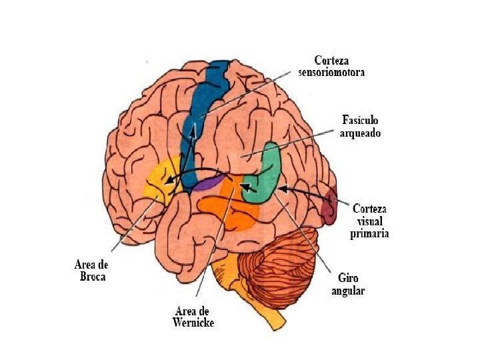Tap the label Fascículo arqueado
point(360,126)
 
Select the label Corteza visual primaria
point(370,220)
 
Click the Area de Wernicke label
point(194,317)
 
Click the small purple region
point(209,182)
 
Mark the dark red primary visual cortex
point(329,207)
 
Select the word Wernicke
point(194,323)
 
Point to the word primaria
point(370,234)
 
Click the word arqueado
point(360,133)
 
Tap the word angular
point(348,291)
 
